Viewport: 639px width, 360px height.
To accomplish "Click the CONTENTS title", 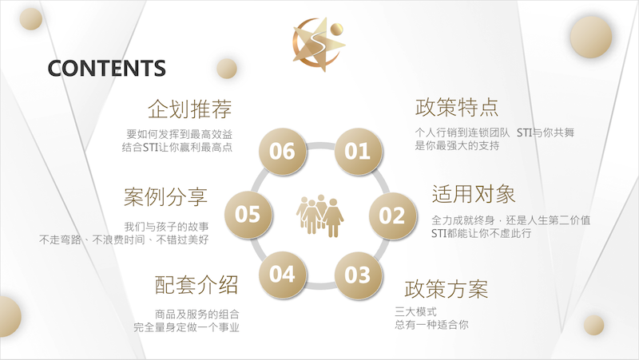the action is pyautogui.click(x=107, y=68).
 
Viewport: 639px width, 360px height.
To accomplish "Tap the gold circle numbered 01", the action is pyautogui.click(x=358, y=151).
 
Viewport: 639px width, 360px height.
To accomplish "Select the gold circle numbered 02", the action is pyautogui.click(x=392, y=215).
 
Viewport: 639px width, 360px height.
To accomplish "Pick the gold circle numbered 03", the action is pyautogui.click(x=358, y=275).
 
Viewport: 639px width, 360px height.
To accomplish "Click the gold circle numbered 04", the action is pyautogui.click(x=282, y=274).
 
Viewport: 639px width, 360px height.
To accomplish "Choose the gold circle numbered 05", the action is pyautogui.click(x=248, y=214).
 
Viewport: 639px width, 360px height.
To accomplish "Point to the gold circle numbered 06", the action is pyautogui.click(x=282, y=151).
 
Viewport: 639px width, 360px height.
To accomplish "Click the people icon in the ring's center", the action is pyautogui.click(x=320, y=216).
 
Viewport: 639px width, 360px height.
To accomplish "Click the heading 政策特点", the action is pyautogui.click(x=457, y=108).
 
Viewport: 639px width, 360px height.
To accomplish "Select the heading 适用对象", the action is pyautogui.click(x=474, y=194).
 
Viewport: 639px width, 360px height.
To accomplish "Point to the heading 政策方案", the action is pyautogui.click(x=447, y=289).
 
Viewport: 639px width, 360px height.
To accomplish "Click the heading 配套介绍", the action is pyautogui.click(x=196, y=285).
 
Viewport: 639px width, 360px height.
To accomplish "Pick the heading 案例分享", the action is pyautogui.click(x=166, y=197).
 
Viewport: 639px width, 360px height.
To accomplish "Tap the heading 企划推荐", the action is pyautogui.click(x=190, y=109).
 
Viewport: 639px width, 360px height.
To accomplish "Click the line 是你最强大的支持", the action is pyautogui.click(x=457, y=145).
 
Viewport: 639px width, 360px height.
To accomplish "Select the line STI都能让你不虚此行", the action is pyautogui.click(x=482, y=233).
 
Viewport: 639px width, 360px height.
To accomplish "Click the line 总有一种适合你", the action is pyautogui.click(x=431, y=325).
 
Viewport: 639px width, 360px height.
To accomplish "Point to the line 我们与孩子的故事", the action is pyautogui.click(x=166, y=227).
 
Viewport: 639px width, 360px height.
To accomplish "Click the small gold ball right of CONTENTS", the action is pyautogui.click(x=227, y=68).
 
